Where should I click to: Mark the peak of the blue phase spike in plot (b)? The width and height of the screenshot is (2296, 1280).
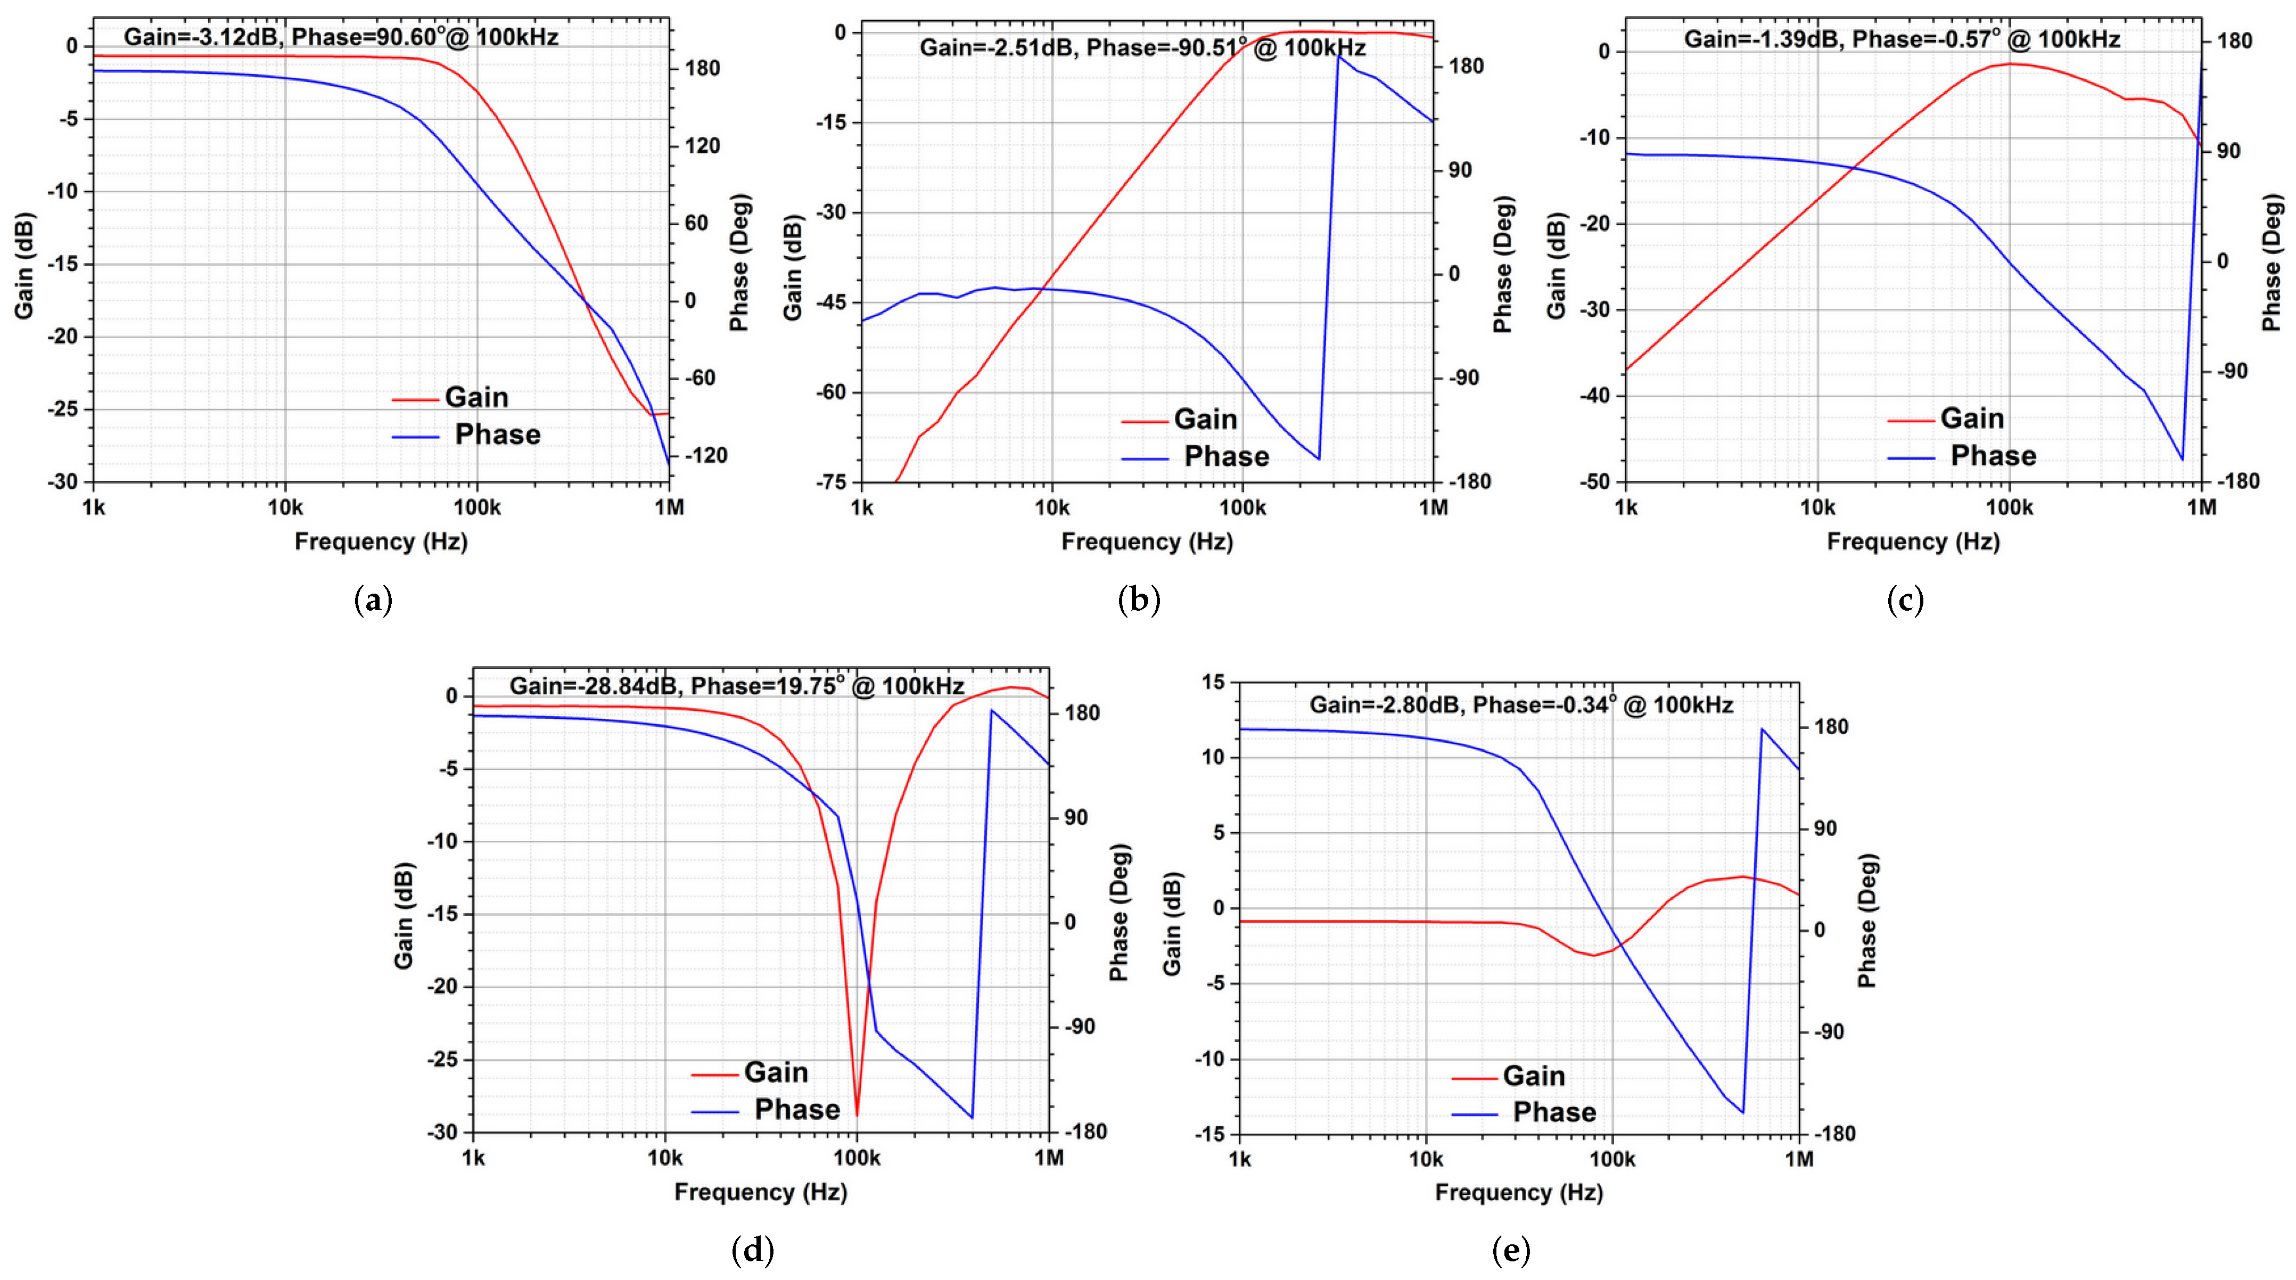(1338, 55)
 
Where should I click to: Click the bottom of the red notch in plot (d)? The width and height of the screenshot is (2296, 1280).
(858, 1114)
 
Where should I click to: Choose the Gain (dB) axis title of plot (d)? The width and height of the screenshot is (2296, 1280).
(404, 915)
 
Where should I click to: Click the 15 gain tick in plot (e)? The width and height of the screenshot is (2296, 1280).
(1213, 683)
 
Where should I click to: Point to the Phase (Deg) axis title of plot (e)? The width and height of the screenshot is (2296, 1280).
(1867, 920)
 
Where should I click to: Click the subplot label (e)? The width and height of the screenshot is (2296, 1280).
(1511, 1251)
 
